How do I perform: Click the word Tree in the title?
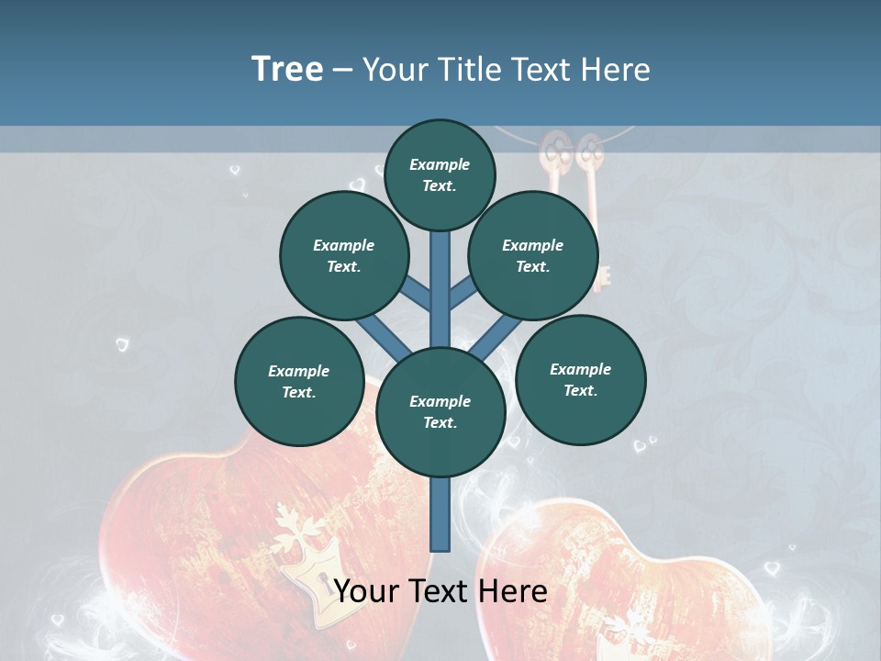(287, 69)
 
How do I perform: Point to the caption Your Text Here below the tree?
(440, 591)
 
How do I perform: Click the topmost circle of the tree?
(440, 174)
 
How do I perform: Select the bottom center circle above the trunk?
(440, 412)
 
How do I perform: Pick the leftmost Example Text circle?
(299, 382)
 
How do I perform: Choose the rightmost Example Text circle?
(580, 380)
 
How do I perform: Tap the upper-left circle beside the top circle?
(344, 256)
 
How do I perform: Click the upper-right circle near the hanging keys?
(533, 256)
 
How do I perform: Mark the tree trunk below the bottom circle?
(440, 514)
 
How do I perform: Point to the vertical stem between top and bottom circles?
(440, 289)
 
